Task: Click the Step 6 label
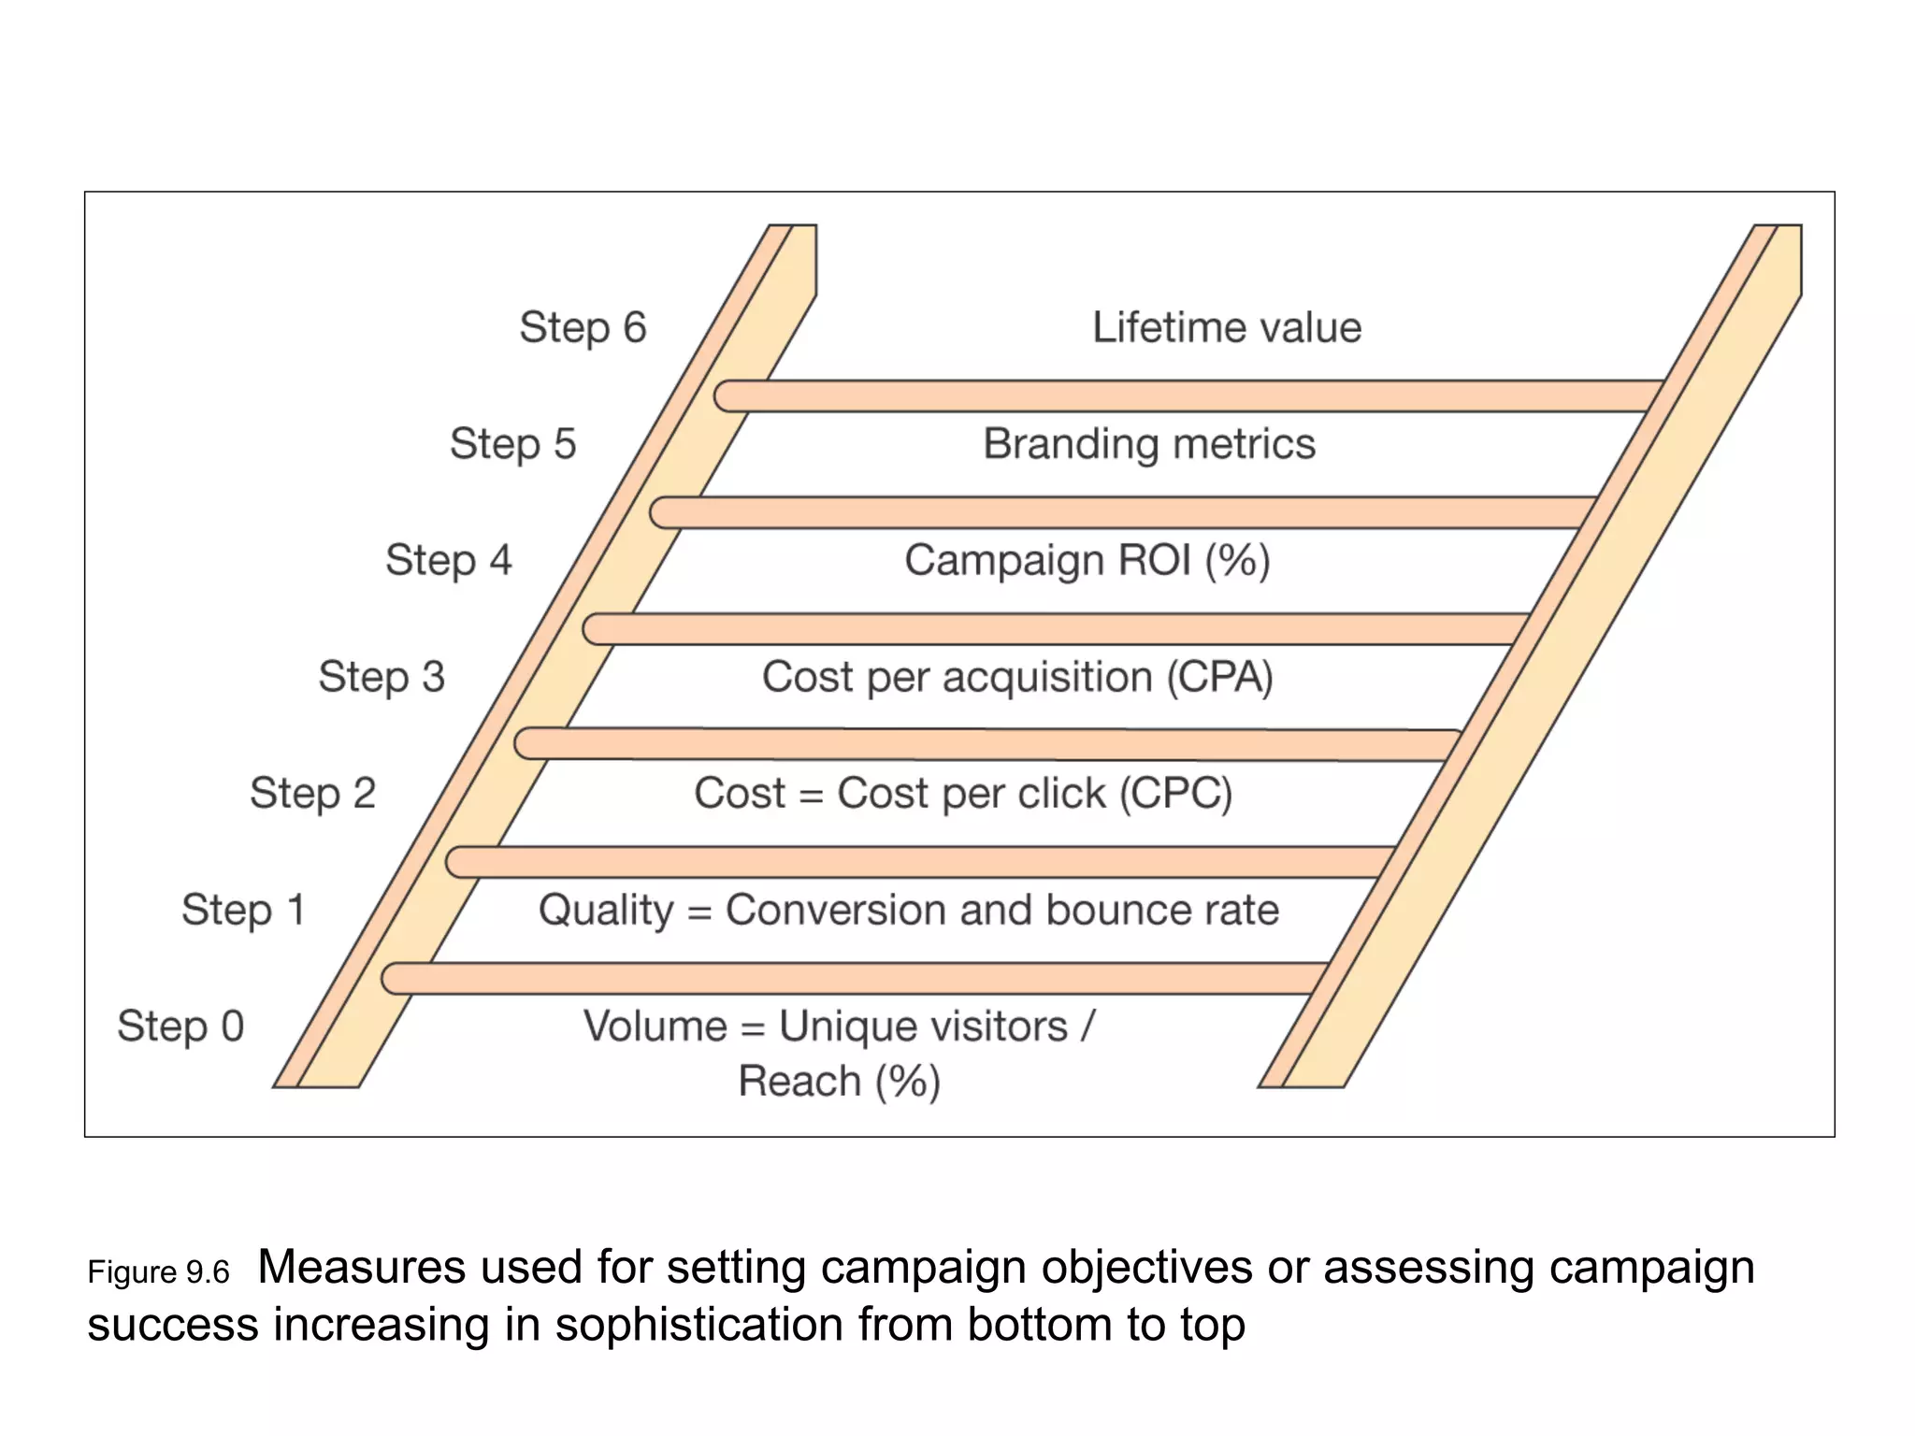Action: (x=583, y=328)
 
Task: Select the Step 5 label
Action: (x=512, y=444)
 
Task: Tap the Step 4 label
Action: (x=448, y=561)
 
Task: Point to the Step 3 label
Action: (x=382, y=677)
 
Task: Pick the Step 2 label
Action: (x=312, y=794)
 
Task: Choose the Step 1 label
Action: (x=243, y=910)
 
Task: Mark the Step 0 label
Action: (x=180, y=1027)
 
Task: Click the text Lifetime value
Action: (x=1226, y=328)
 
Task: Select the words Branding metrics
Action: (x=1148, y=444)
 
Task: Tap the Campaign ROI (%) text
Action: (x=1087, y=561)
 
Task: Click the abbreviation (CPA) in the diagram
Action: (x=1219, y=677)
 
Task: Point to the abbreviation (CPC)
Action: (x=1175, y=794)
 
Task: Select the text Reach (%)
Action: (x=839, y=1082)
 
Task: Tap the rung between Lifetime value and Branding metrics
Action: (x=1188, y=395)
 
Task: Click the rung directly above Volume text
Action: (x=856, y=978)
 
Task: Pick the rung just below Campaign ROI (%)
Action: (x=1057, y=629)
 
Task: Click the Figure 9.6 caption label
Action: (x=158, y=1273)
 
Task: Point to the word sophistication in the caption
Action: (x=698, y=1325)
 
